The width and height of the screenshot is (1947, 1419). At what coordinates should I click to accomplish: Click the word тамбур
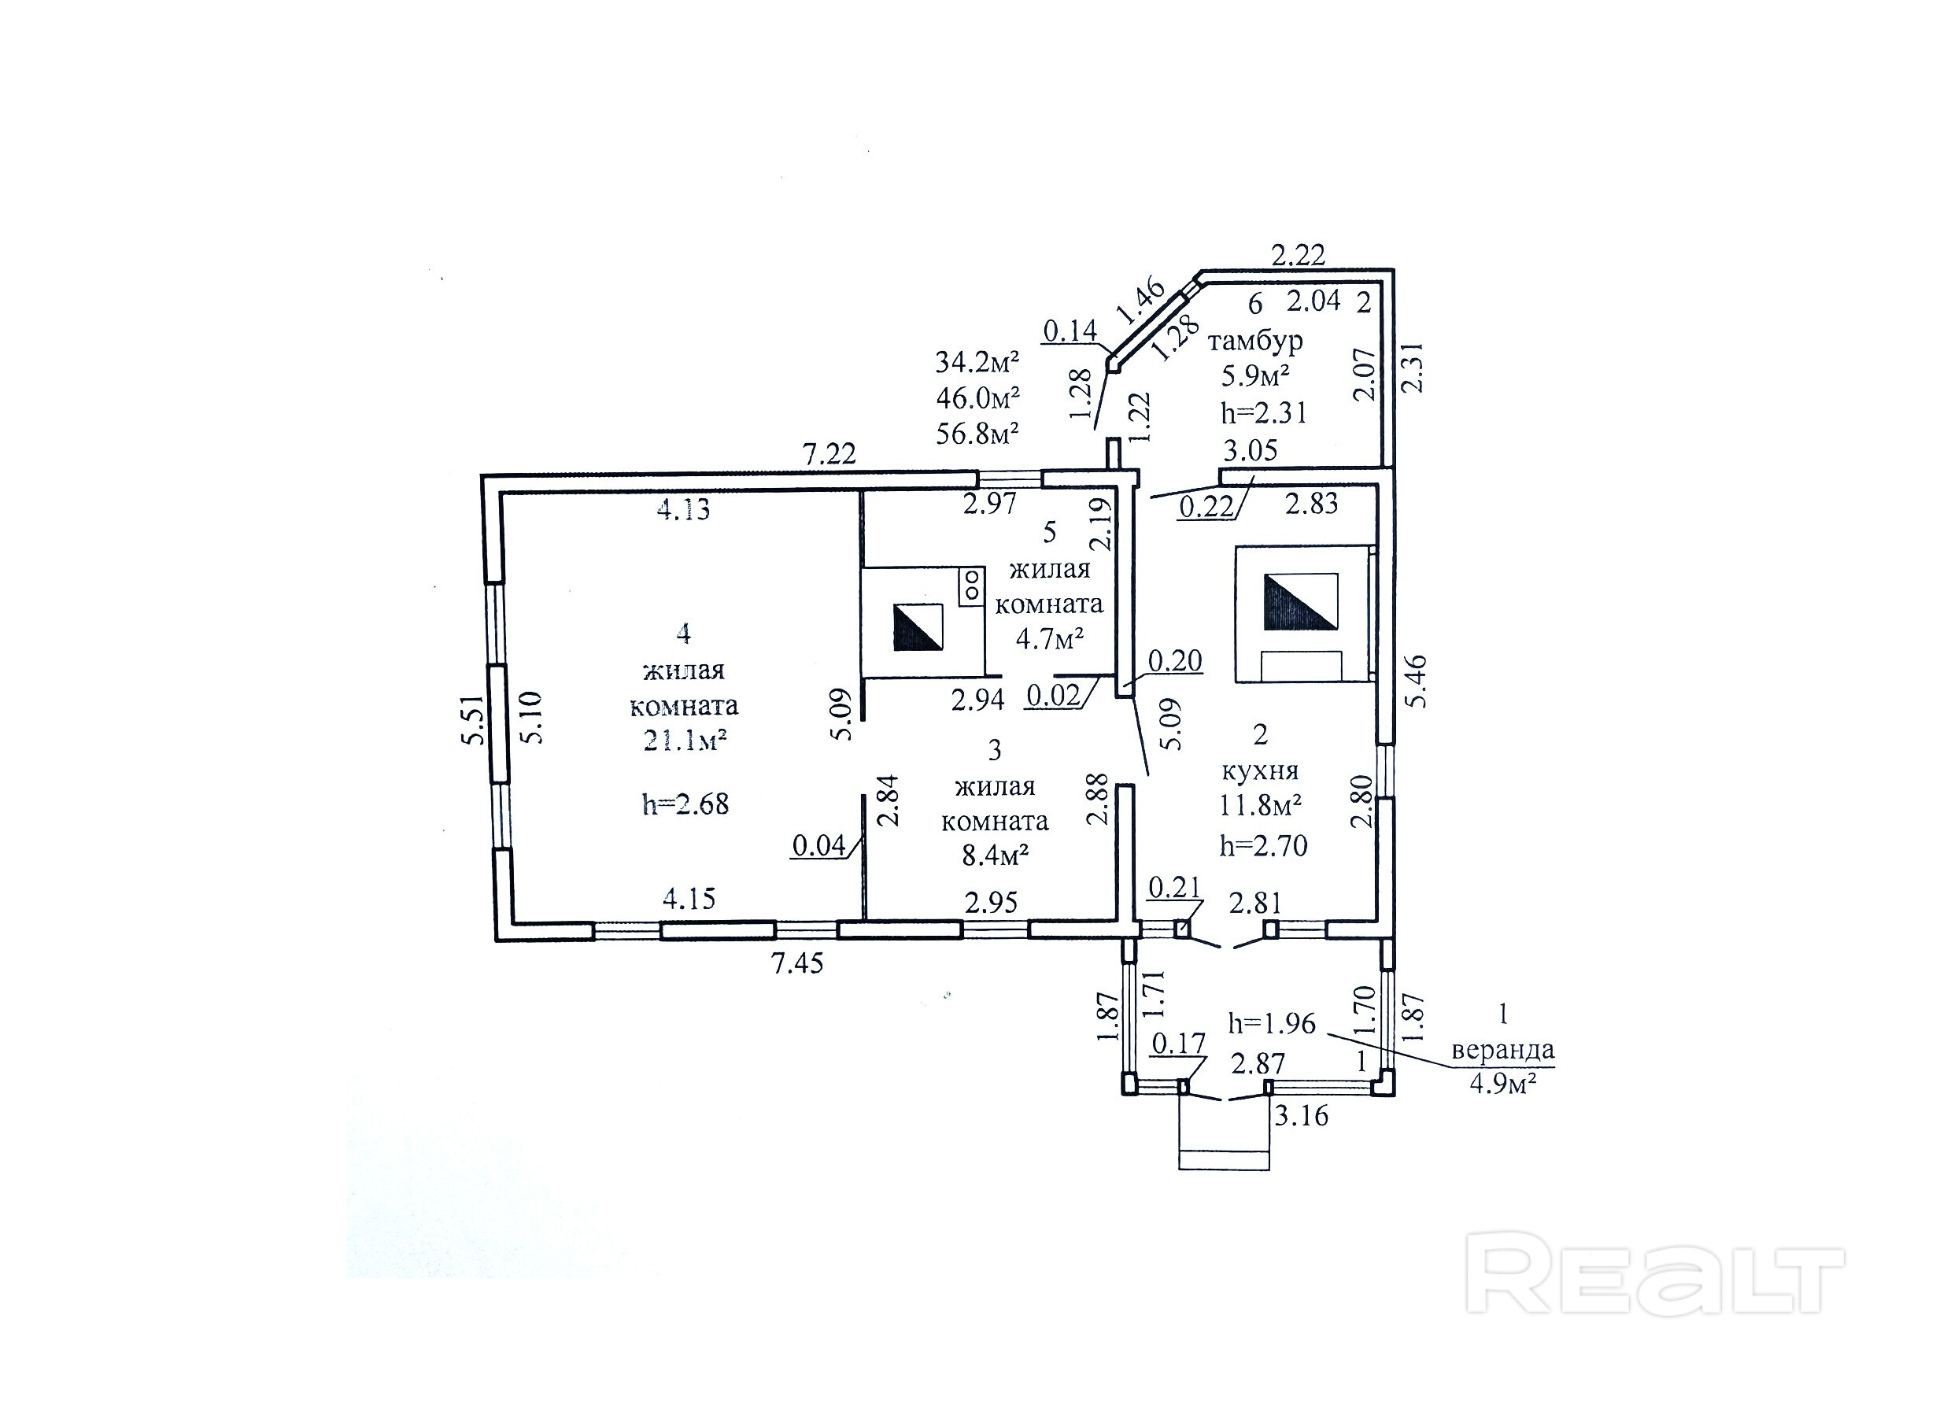(x=1254, y=341)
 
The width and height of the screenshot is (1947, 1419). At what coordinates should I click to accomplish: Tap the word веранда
(x=1502, y=1050)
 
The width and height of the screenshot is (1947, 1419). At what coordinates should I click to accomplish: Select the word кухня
(x=1260, y=770)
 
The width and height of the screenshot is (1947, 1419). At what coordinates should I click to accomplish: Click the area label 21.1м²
(x=685, y=741)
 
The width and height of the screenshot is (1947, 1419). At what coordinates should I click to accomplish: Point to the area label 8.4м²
(x=996, y=855)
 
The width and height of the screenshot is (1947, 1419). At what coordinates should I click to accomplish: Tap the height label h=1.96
(x=1271, y=1023)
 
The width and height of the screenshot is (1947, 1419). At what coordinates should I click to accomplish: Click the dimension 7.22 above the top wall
(x=829, y=453)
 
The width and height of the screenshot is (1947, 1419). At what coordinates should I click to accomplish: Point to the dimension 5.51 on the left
(x=474, y=720)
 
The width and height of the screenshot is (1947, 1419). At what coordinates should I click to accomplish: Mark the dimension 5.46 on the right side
(x=1414, y=680)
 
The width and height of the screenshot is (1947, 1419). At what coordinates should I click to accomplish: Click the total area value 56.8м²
(x=977, y=434)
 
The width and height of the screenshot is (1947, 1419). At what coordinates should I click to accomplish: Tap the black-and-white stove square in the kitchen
(x=1300, y=601)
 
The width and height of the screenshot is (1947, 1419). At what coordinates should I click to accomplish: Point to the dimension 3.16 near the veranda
(x=1300, y=1116)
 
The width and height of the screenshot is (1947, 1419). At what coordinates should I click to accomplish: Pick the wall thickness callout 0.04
(x=818, y=846)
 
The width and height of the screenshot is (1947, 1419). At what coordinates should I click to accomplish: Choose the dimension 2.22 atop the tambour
(x=1298, y=255)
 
